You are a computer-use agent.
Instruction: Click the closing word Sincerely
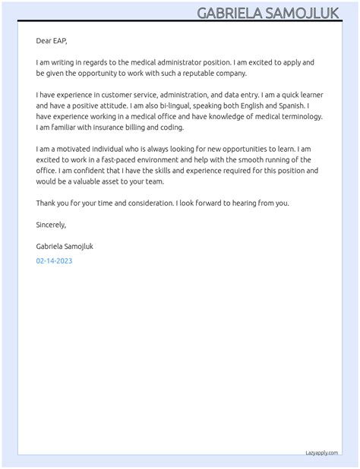click(51, 225)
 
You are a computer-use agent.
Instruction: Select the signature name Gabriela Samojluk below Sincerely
click(65, 247)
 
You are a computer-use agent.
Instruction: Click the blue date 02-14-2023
click(54, 261)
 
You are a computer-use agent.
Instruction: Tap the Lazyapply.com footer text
click(321, 452)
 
